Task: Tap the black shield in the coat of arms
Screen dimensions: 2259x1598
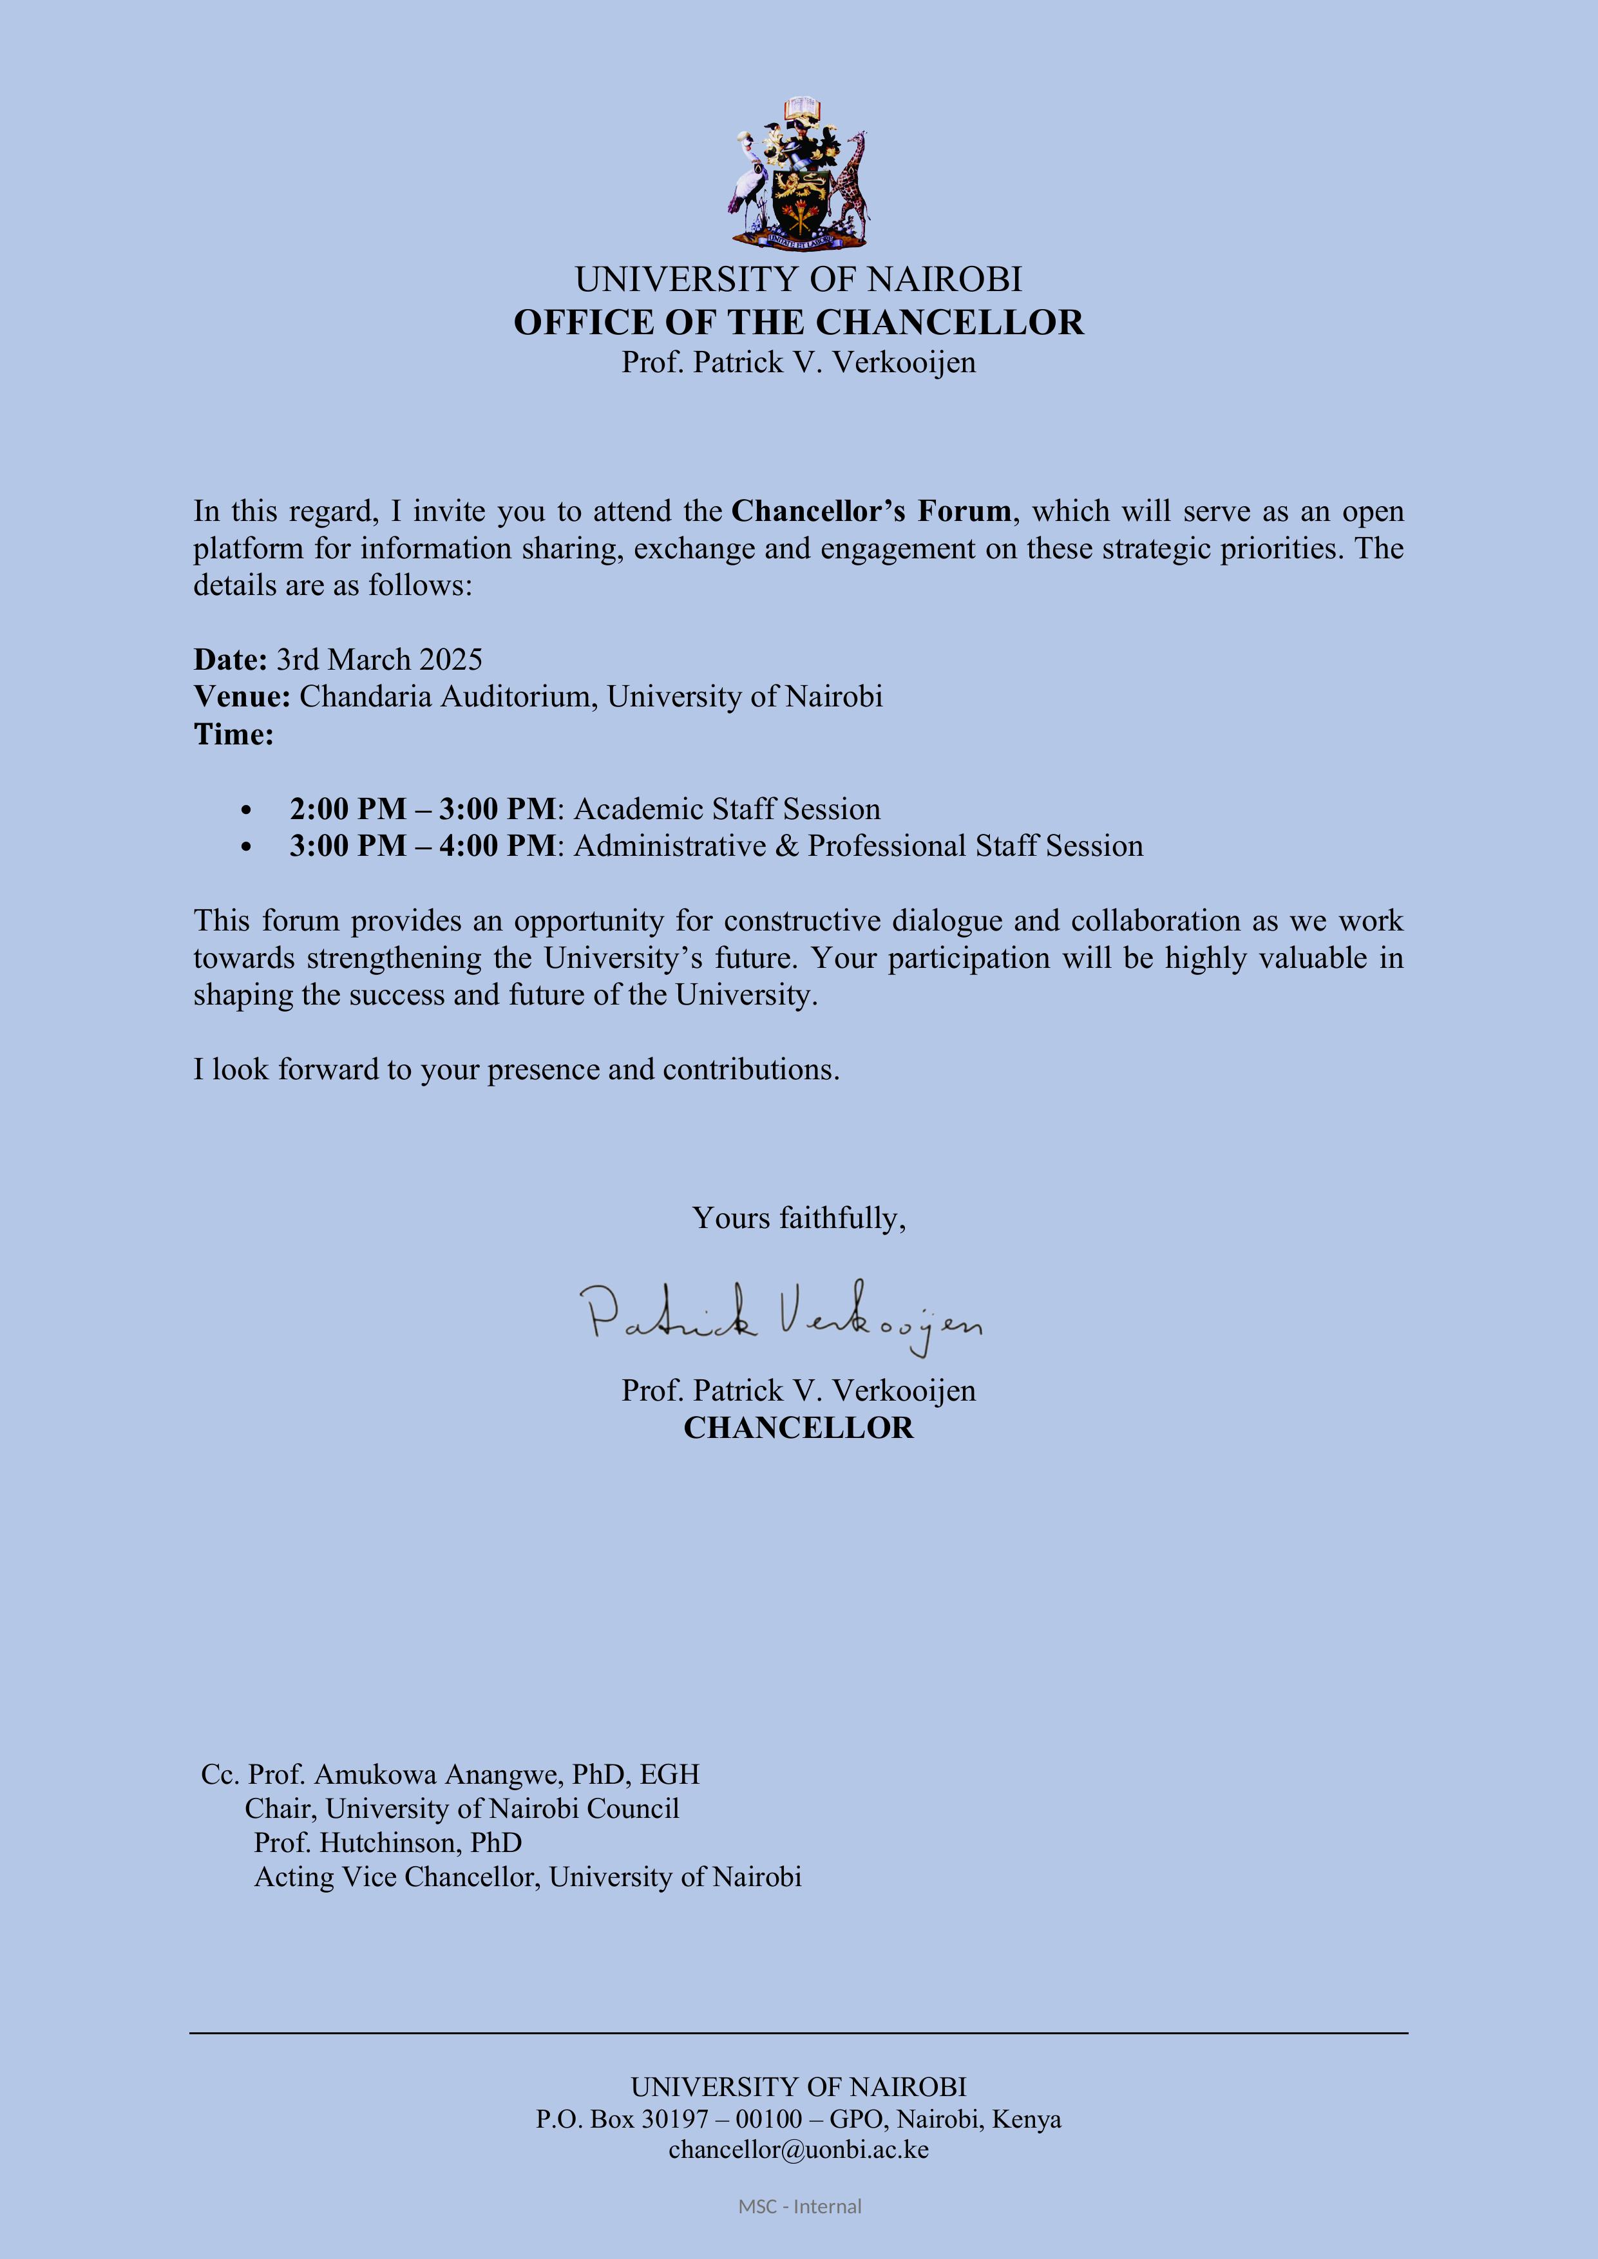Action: point(799,202)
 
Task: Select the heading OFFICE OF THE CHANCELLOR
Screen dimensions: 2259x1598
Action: point(798,323)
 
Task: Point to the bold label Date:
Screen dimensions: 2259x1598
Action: point(230,659)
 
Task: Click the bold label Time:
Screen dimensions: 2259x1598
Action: point(233,734)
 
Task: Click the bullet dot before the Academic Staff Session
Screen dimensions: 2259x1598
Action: point(246,809)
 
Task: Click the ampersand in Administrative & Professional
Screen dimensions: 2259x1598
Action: point(787,846)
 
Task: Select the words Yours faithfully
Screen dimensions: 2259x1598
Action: point(798,1218)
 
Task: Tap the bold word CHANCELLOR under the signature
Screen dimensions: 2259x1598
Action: point(798,1428)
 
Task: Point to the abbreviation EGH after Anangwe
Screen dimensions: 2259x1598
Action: point(669,1774)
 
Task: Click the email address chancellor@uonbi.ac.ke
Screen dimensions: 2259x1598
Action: point(798,2149)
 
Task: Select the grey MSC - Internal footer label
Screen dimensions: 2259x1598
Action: point(799,2207)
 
